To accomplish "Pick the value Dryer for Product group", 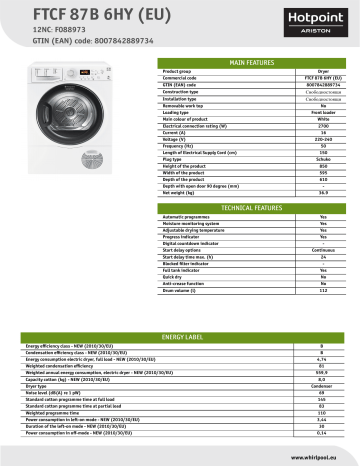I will click(x=323, y=72).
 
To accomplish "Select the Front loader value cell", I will click(x=323, y=112).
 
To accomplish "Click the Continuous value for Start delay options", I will click(x=323, y=249).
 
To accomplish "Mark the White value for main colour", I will click(x=323, y=119).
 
